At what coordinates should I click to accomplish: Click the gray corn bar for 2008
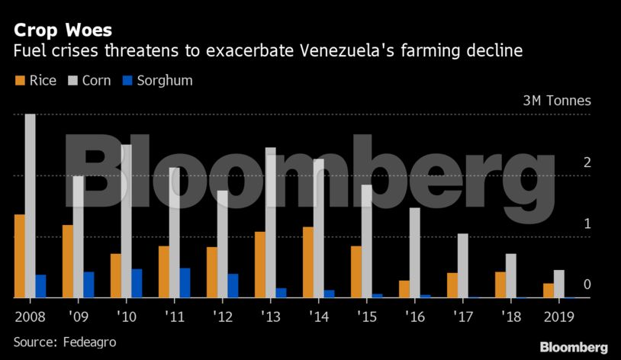(x=30, y=206)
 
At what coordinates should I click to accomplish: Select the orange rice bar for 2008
(x=19, y=256)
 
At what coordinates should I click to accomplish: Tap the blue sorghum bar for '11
(x=185, y=283)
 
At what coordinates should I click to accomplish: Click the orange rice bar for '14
(x=307, y=262)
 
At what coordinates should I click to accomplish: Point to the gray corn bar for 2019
(x=559, y=284)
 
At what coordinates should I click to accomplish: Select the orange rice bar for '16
(x=404, y=289)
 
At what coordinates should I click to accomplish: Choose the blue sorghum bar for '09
(x=88, y=284)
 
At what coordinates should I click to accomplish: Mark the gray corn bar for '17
(x=462, y=265)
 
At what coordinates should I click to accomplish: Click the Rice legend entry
(x=35, y=80)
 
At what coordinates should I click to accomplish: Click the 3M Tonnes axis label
(x=556, y=101)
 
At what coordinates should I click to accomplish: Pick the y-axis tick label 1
(x=587, y=223)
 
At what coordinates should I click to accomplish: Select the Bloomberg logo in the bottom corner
(x=574, y=347)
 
